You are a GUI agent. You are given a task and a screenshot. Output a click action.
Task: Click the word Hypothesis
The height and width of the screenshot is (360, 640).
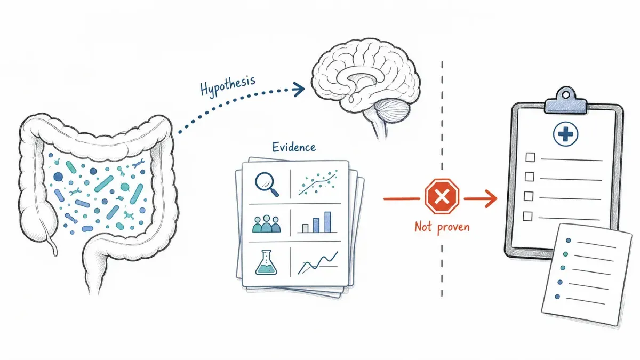tap(228, 85)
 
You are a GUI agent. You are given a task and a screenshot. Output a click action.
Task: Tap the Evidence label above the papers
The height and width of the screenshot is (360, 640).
tap(294, 147)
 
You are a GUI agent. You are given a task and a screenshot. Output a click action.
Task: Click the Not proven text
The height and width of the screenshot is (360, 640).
tap(442, 227)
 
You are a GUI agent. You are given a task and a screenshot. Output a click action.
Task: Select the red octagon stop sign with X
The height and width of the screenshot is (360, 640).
tap(442, 196)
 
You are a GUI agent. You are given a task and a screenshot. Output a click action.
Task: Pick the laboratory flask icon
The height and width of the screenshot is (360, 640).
tap(266, 262)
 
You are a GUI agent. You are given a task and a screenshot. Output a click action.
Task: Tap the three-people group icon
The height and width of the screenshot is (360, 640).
tap(267, 223)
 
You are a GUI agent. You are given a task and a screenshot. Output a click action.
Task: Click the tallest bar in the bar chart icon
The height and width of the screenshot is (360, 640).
tap(327, 222)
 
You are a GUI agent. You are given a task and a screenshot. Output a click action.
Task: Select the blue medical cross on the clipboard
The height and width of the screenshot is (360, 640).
tap(565, 134)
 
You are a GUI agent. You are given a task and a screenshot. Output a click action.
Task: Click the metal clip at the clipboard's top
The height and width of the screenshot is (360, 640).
tap(566, 101)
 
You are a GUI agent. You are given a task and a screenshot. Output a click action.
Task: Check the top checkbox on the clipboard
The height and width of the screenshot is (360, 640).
tap(530, 157)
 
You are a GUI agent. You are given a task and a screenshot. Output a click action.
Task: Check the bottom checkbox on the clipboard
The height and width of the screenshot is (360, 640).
tap(527, 217)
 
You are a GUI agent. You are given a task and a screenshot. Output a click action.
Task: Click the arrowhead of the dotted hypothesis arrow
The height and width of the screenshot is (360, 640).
tap(299, 90)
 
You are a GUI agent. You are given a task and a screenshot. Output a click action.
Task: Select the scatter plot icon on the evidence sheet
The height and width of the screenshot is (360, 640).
tap(318, 182)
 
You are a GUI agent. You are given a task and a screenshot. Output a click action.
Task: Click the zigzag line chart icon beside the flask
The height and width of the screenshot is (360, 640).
tap(318, 263)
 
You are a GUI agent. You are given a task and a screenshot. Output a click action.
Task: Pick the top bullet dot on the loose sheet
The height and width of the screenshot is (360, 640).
tap(569, 241)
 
